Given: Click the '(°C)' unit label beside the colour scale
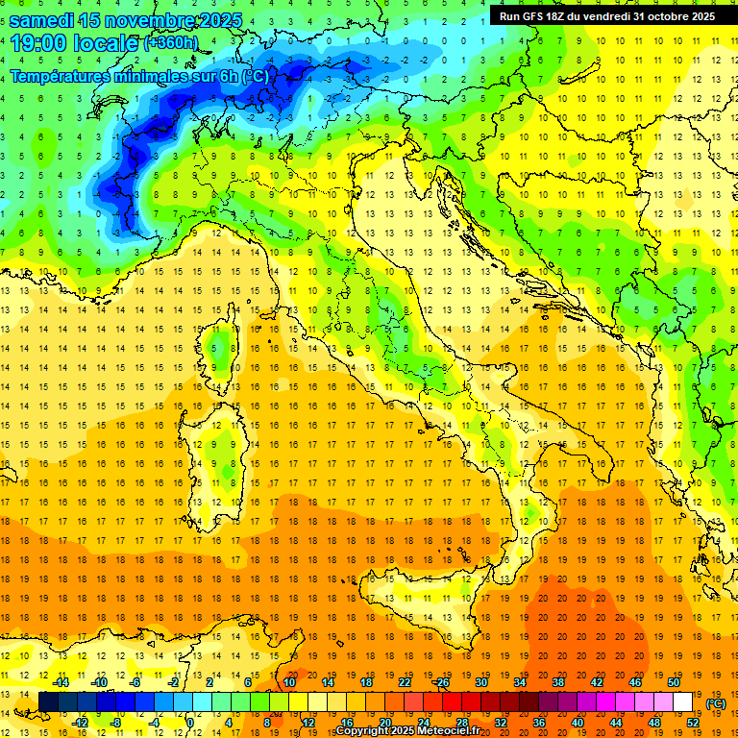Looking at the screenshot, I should [716, 703].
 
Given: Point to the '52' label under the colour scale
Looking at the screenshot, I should [693, 723].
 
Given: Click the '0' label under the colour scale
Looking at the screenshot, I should [191, 723].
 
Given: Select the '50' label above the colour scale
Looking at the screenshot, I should [675, 682].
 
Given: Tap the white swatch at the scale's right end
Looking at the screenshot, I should [683, 702].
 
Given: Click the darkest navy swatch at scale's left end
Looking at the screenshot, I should [48, 702].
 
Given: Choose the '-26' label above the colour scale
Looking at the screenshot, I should [441, 682].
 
